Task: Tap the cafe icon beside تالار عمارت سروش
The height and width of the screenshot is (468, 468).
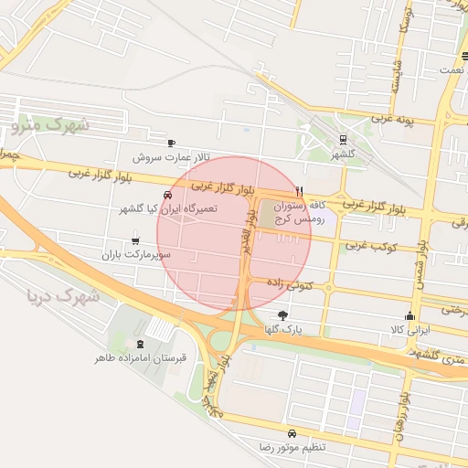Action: tap(171, 143)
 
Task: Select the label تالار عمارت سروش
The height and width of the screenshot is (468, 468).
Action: tap(182, 156)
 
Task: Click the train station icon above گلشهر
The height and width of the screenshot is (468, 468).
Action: tap(343, 140)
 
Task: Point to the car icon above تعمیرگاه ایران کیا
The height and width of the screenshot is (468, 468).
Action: tap(167, 195)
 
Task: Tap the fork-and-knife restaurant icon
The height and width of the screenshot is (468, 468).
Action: tap(300, 192)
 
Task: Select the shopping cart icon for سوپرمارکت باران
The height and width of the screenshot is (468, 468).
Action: tap(135, 241)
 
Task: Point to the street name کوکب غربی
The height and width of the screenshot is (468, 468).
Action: tap(368, 247)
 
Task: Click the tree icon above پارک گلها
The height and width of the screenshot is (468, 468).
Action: tap(281, 315)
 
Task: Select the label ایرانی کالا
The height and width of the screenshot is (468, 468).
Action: tap(408, 328)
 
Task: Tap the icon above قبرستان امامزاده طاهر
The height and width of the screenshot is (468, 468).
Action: tap(140, 345)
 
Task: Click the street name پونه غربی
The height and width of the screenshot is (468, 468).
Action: tap(395, 119)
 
